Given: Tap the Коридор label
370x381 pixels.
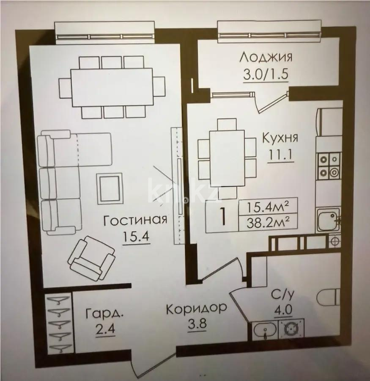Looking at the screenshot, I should coord(196,309).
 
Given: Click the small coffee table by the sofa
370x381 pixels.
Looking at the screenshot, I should coord(110,188).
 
